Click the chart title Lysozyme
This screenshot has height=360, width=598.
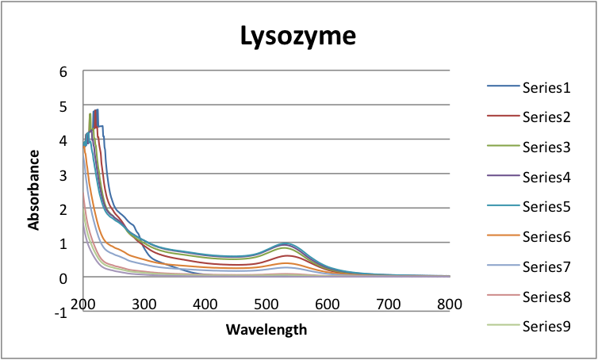tap(299, 36)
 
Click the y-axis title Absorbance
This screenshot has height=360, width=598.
tap(34, 191)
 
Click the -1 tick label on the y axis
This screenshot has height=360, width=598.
tap(59, 312)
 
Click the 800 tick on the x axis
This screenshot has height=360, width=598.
tap(449, 305)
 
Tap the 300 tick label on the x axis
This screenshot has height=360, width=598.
tap(144, 305)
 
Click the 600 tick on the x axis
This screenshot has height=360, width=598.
tap(328, 305)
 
